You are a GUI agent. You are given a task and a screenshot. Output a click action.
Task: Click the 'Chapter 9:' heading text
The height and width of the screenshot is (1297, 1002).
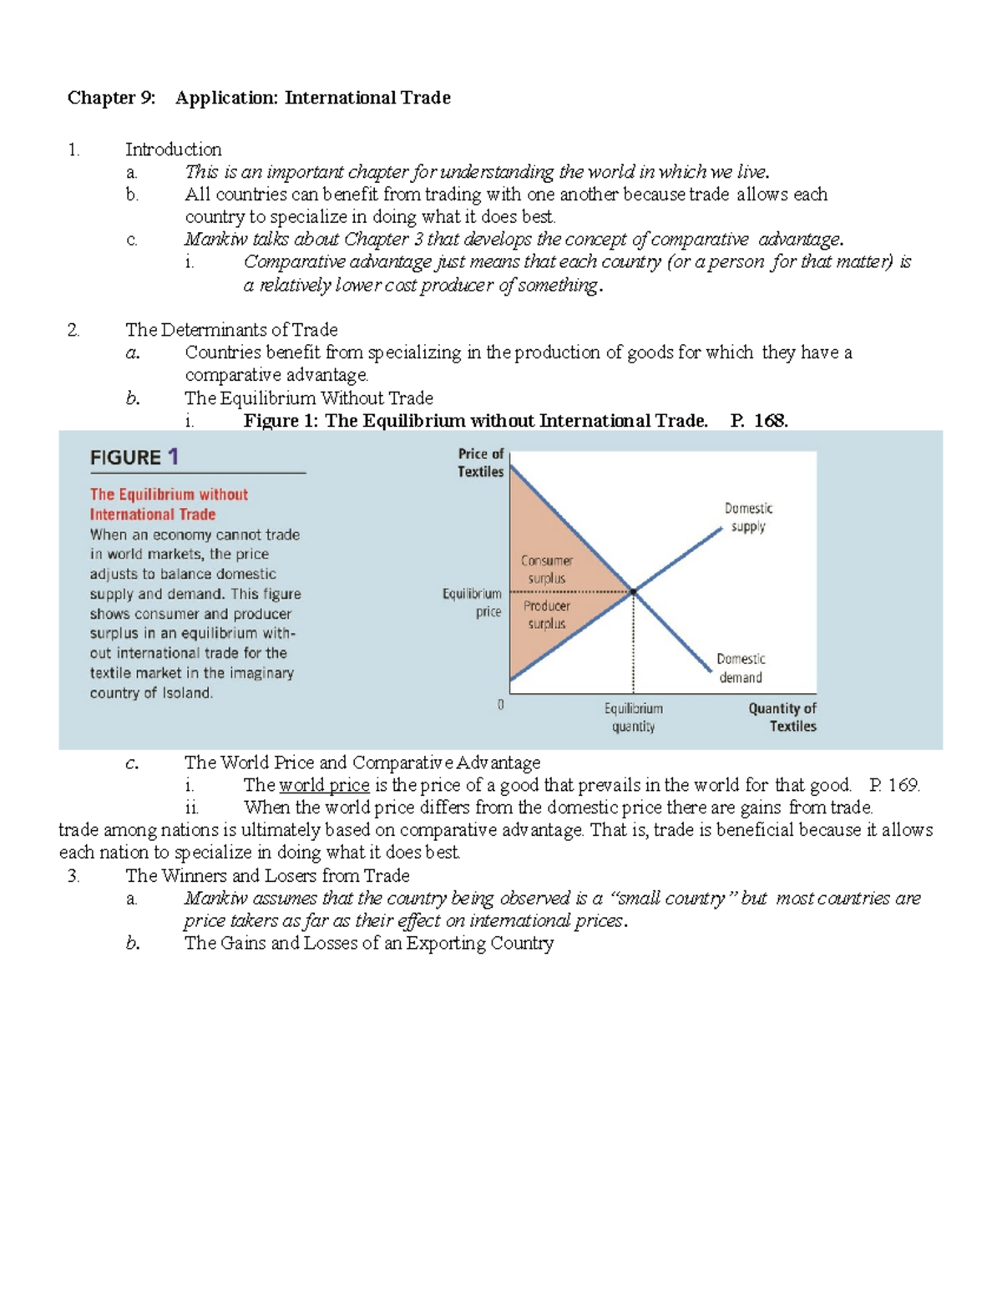coord(111,98)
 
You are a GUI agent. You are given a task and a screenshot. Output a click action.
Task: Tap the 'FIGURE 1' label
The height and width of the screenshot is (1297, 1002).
coord(134,457)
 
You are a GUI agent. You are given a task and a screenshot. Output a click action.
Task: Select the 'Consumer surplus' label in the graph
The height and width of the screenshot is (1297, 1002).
coord(547,570)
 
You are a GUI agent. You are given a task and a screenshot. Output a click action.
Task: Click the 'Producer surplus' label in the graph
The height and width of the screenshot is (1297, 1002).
coord(547,615)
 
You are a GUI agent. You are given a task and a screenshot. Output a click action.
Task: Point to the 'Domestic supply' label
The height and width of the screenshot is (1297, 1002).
coord(748,517)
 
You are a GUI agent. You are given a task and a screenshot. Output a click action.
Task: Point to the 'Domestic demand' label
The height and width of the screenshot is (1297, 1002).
coord(741,668)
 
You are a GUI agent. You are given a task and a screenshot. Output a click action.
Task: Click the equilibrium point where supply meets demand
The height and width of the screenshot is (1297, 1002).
coord(633,591)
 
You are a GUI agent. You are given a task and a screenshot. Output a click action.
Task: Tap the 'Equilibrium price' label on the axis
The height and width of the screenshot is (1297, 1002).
coord(473,602)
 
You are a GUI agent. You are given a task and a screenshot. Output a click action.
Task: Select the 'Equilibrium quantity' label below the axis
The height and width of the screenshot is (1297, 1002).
coord(633,717)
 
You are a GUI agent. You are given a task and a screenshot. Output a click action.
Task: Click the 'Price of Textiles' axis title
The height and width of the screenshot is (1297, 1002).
coord(481,463)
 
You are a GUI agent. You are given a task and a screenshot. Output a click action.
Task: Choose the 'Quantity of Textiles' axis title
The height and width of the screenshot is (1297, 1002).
coord(782,717)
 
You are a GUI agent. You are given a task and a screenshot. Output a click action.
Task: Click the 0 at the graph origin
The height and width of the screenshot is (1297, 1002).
coord(500,705)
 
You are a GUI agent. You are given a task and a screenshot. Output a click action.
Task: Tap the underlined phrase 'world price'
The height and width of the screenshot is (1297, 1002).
coord(324,785)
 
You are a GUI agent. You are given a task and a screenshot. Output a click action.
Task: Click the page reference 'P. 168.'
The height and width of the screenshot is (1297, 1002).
coord(758,421)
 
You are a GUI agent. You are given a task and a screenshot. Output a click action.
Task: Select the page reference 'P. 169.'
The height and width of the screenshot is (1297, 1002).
coord(893,785)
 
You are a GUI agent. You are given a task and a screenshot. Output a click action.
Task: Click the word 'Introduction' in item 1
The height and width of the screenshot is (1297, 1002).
coord(173,149)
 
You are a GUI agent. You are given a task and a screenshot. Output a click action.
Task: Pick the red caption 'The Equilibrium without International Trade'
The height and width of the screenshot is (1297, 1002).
coord(169,504)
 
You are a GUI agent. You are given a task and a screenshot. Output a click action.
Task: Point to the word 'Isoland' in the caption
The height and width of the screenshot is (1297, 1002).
coord(186,693)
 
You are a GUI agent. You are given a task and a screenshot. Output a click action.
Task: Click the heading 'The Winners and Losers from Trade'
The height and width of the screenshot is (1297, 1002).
coord(267,875)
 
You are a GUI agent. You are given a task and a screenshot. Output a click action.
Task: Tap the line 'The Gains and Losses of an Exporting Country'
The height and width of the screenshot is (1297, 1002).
coord(368,943)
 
